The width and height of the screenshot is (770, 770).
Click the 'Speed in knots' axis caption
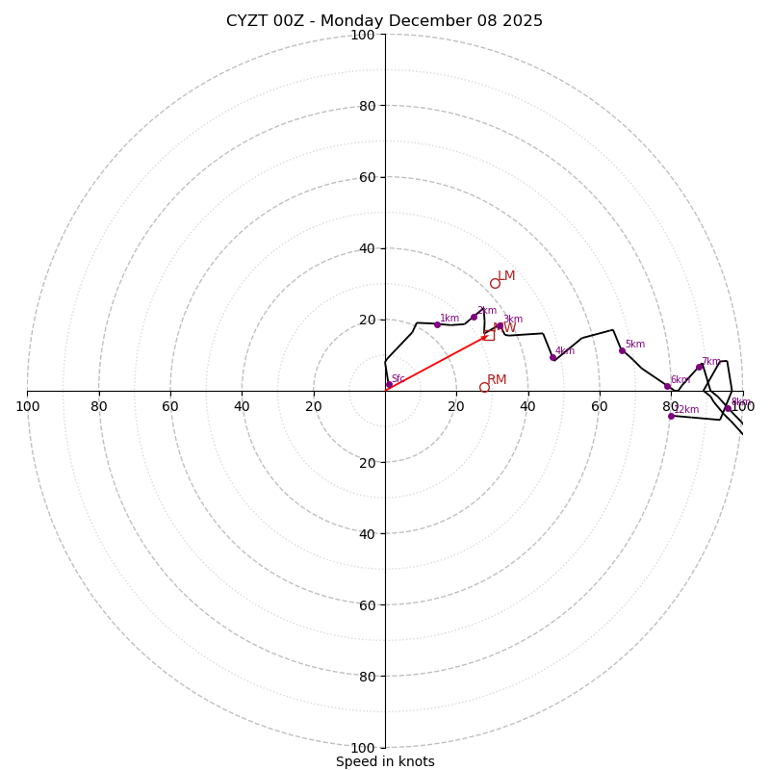point(385,761)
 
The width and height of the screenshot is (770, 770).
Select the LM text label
point(506,276)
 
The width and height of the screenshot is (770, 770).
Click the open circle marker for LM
point(495,283)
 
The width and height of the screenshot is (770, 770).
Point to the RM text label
point(497,380)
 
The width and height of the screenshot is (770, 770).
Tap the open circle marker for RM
point(484,387)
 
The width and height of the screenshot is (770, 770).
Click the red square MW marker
point(489,335)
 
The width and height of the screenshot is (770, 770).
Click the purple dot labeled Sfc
point(389,385)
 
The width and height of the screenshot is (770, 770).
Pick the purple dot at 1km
point(437,324)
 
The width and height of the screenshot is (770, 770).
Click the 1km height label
point(449,319)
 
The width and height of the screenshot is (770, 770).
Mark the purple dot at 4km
point(552,357)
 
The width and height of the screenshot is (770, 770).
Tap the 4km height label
point(565,351)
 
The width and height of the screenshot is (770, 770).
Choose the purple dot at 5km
point(622,350)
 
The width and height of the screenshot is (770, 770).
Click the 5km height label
point(635,345)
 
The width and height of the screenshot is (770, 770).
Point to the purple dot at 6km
point(667,386)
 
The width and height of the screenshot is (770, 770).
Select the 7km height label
point(710,362)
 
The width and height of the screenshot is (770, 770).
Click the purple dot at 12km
point(671,416)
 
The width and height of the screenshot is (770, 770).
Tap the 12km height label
point(686,410)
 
